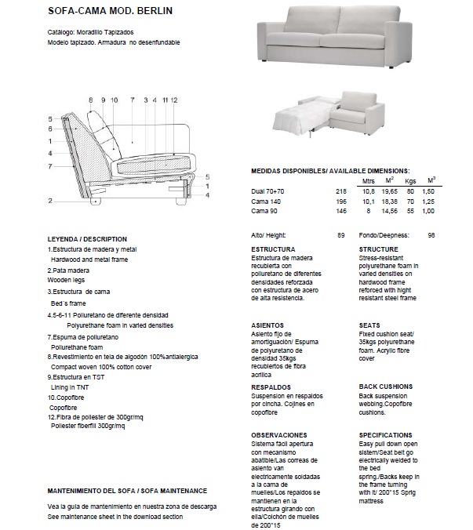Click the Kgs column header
tap(409, 181)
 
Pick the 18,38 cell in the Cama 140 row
tap(390, 201)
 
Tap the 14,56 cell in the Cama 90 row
tap(390, 212)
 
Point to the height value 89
tap(341, 235)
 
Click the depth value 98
tap(431, 235)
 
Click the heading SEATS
tap(369, 325)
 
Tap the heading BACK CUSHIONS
tap(385, 387)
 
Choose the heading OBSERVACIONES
tap(278, 434)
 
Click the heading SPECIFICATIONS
tap(385, 434)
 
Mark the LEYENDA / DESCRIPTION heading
tap(87, 239)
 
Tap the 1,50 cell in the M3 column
tap(428, 191)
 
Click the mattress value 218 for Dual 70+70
tap(340, 191)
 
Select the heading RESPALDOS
tap(271, 387)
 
